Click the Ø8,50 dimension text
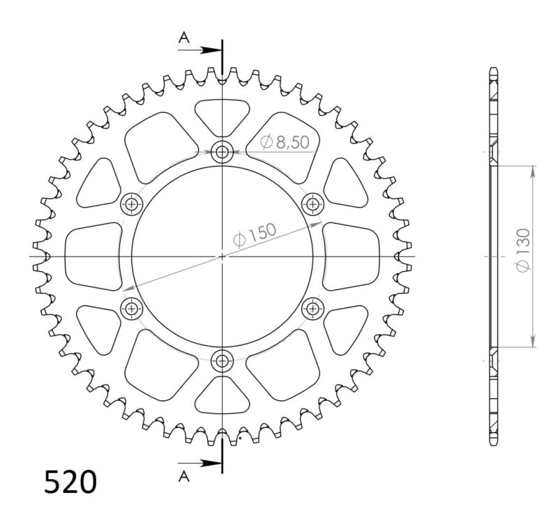click(284, 142)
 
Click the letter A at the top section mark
click(184, 38)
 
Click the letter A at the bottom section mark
click(184, 476)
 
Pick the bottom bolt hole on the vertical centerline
click(223, 361)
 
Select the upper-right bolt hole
click(312, 204)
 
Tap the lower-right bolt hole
click(313, 308)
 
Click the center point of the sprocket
click(223, 256)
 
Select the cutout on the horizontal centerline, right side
click(352, 256)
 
